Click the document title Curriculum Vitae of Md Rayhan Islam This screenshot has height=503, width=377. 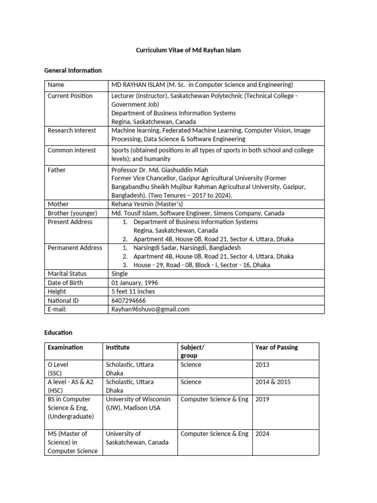click(188, 51)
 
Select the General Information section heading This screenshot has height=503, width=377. click(73, 70)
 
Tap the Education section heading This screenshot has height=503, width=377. click(58, 333)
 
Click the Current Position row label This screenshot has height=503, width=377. click(70, 96)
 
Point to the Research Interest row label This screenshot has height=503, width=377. click(72, 131)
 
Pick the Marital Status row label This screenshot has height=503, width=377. click(67, 274)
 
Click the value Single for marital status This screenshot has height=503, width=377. click(119, 274)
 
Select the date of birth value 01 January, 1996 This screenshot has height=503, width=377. click(135, 282)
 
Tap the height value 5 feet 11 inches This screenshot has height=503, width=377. click(133, 291)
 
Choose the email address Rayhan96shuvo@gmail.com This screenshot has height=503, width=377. click(150, 309)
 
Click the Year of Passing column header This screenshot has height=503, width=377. click(276, 347)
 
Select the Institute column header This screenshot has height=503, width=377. click(118, 347)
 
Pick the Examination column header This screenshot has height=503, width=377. click(65, 347)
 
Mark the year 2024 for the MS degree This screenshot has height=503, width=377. click(262, 434)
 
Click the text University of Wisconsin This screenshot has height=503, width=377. click(138, 399)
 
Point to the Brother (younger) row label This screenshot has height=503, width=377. click(72, 213)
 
